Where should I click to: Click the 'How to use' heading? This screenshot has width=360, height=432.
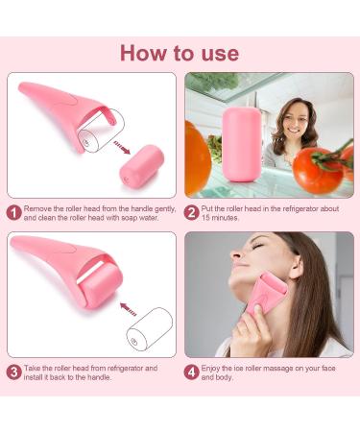click(x=180, y=53)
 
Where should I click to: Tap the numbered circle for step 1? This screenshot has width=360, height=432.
click(x=13, y=212)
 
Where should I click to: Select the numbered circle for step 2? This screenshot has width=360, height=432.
click(x=192, y=212)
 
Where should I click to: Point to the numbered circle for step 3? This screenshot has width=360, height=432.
click(x=13, y=372)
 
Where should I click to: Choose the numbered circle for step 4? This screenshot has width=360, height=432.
click(x=192, y=372)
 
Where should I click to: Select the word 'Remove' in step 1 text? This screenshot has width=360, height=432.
click(x=40, y=208)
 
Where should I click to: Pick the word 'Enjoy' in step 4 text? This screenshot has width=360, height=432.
click(x=216, y=368)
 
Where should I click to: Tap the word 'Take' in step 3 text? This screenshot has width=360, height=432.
click(x=36, y=368)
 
